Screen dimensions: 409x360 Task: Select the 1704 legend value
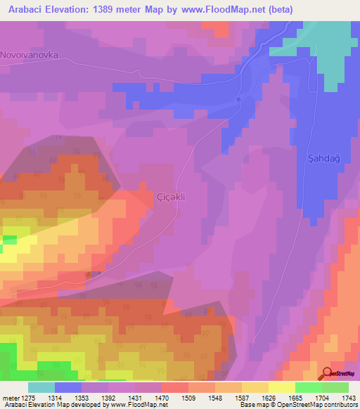click(321, 397)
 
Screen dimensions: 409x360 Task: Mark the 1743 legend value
click(348, 397)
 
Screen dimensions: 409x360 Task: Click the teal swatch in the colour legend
click(41, 387)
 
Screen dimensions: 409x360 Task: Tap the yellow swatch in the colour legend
click(281, 387)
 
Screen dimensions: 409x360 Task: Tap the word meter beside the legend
click(9, 397)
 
